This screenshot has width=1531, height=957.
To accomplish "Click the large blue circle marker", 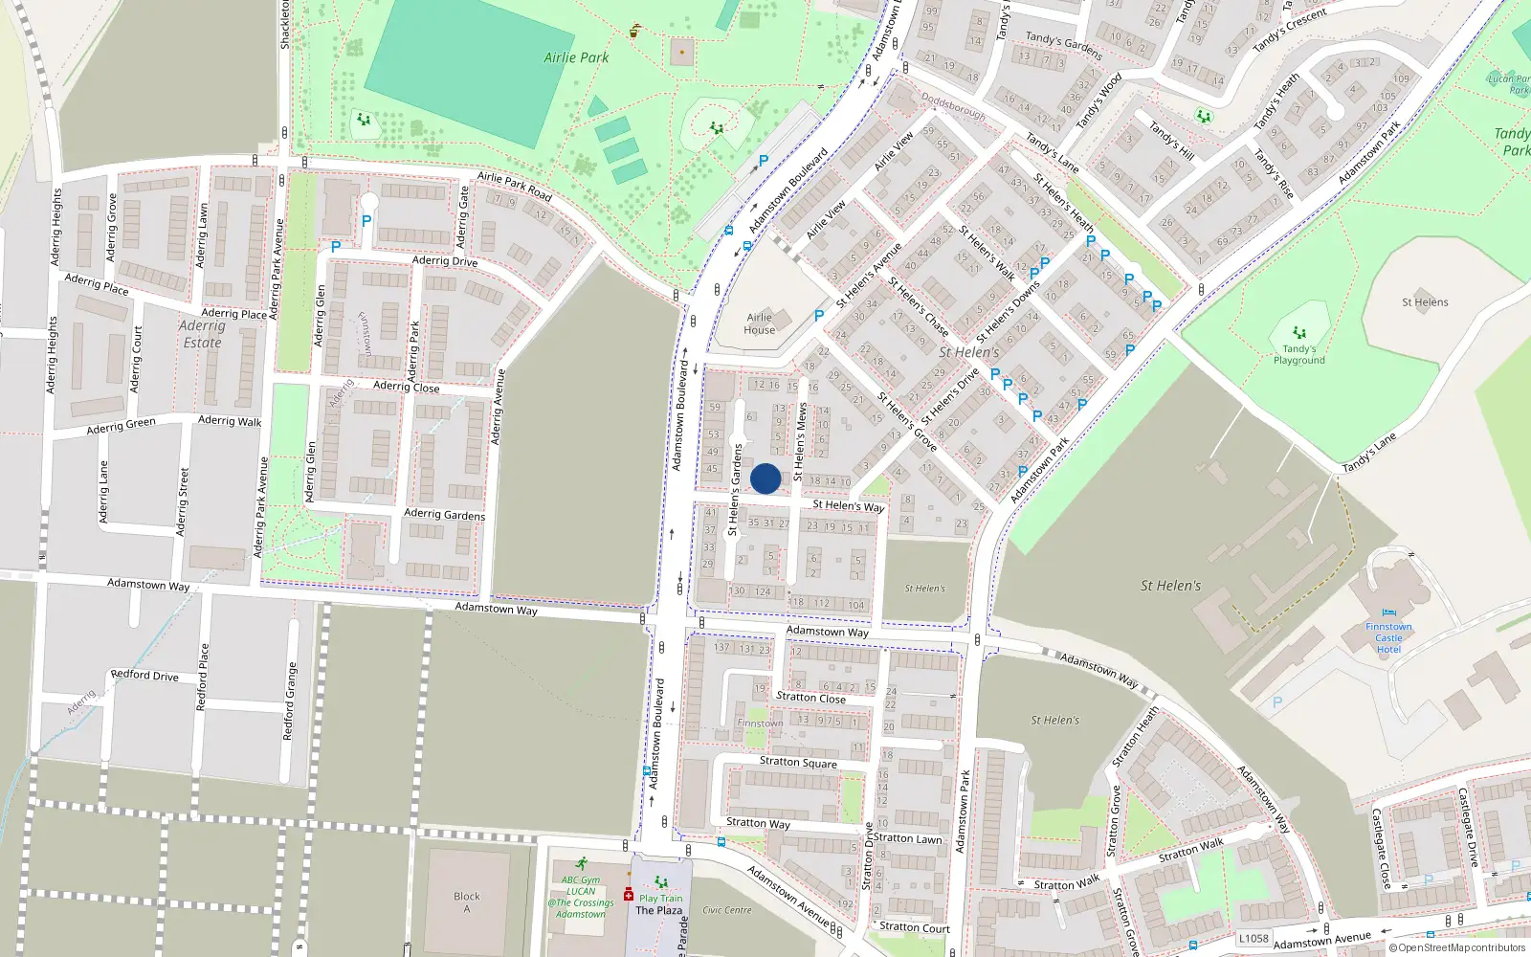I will click(x=765, y=478).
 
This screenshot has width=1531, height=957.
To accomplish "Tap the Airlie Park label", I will click(x=576, y=57).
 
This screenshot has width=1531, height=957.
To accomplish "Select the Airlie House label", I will click(x=760, y=323).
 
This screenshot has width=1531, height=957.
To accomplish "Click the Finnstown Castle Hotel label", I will click(x=1388, y=637).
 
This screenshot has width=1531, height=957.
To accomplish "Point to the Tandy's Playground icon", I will click(x=1299, y=333).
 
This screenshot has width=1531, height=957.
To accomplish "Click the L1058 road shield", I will click(x=1254, y=938).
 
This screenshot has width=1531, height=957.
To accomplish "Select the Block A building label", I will click(x=467, y=902).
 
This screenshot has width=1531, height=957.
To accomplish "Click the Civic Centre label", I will click(x=727, y=910).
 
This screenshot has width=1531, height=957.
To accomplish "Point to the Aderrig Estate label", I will click(x=202, y=334).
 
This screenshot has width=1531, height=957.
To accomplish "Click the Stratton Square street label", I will click(x=798, y=762).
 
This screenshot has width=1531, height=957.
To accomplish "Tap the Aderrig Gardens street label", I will click(x=444, y=514).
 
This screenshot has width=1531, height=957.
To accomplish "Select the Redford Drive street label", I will click(x=144, y=675).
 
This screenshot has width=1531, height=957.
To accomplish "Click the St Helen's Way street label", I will click(x=849, y=505).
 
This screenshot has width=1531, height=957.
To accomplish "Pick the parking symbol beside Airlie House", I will click(x=819, y=315).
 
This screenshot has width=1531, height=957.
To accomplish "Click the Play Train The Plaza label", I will click(x=660, y=903).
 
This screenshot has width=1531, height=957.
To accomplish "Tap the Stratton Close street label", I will click(x=810, y=698).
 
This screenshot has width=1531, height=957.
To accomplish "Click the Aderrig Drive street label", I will click(x=445, y=260).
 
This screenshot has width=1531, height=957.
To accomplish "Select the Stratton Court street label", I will click(x=915, y=927).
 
